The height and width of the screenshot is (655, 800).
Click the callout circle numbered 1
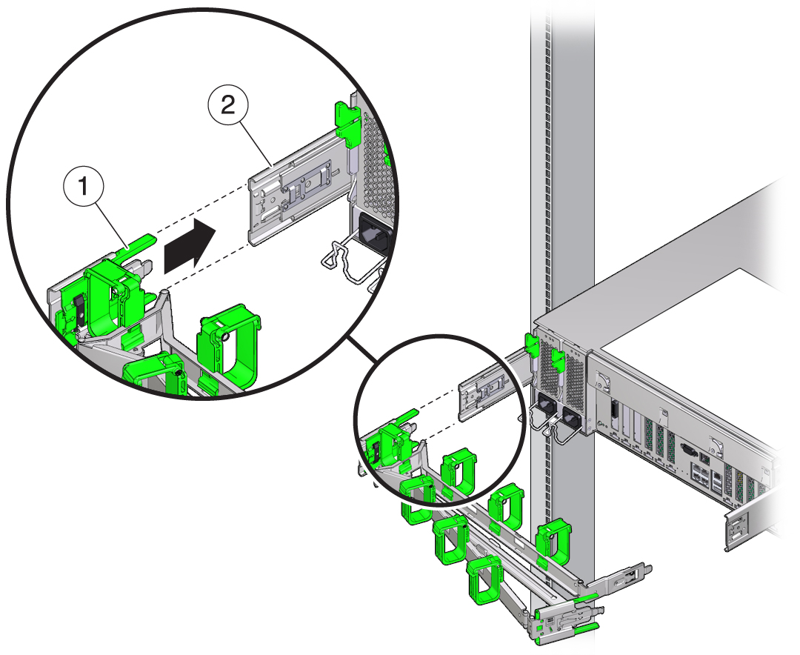click(87, 188)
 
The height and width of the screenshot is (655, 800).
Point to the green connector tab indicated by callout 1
click(141, 241)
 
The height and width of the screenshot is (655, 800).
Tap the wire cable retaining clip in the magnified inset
click(348, 259)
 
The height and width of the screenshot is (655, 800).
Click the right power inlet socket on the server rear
click(571, 421)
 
